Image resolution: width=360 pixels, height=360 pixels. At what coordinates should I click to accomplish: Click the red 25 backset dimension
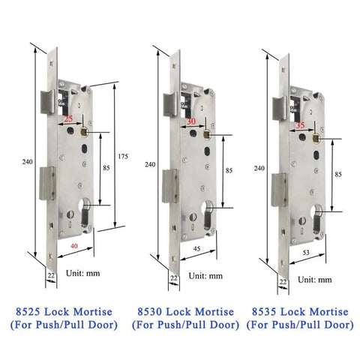tap(68, 118)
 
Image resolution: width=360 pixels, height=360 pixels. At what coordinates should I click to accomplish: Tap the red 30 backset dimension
tap(191, 121)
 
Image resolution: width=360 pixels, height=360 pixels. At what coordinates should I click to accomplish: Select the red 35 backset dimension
tap(300, 125)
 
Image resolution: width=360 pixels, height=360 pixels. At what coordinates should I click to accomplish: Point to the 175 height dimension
tap(123, 157)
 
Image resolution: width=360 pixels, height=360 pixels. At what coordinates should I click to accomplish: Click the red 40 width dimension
tap(74, 246)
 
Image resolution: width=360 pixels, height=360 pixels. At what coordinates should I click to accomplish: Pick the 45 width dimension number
tap(197, 249)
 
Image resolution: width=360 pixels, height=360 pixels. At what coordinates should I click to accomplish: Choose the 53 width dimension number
tap(306, 253)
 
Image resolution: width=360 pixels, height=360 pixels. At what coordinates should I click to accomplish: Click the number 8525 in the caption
tap(28, 312)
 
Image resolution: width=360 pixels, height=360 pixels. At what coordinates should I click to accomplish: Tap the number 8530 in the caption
tap(149, 312)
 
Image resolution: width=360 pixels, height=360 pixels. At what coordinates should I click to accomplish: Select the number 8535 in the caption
tap(264, 312)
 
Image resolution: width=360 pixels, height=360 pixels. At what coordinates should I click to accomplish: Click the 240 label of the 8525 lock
tap(27, 162)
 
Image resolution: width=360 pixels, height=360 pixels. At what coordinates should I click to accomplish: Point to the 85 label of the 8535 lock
tap(338, 175)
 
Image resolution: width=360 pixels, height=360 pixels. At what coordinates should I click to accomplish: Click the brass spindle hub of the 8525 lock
tap(84, 131)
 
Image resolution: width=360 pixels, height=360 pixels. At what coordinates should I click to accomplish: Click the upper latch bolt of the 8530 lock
tap(171, 104)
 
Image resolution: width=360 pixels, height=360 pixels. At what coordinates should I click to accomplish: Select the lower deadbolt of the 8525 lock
tap(47, 184)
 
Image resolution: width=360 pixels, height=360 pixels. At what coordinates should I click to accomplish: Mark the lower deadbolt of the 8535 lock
tap(280, 190)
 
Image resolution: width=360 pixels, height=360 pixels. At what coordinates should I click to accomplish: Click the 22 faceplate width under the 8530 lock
tap(174, 278)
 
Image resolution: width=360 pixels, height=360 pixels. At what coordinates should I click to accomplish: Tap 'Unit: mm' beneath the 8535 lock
tap(315, 280)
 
